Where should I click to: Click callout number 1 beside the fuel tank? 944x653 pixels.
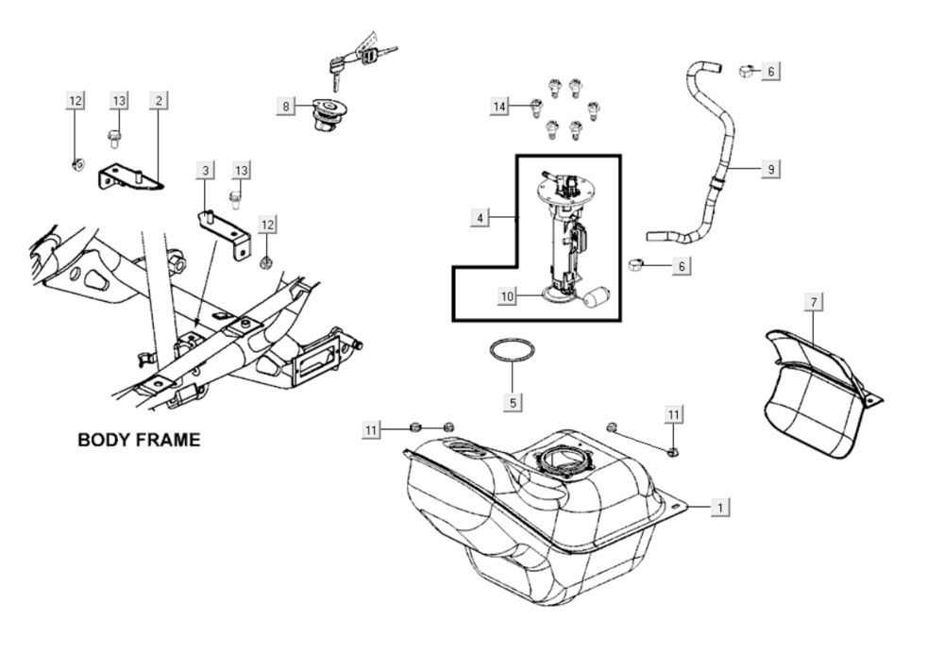click(720, 508)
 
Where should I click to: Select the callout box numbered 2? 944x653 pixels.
click(159, 100)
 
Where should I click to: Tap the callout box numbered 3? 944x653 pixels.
click(205, 170)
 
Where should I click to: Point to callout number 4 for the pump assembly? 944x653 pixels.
click(480, 218)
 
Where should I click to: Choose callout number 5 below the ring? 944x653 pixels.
click(513, 402)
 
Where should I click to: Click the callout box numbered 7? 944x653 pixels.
click(815, 302)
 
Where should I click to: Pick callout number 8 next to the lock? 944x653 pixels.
click(285, 107)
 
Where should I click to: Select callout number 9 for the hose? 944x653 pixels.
click(770, 169)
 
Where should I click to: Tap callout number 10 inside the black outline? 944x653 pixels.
click(508, 296)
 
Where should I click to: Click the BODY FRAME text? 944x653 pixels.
click(138, 440)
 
